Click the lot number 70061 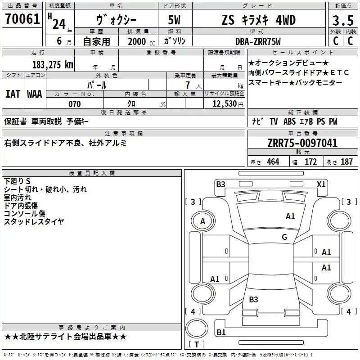point(22,19)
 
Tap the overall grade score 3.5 point(343,20)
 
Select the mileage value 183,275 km point(53,65)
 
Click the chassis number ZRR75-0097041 point(302,143)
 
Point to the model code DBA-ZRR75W point(258,41)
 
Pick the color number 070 point(75,104)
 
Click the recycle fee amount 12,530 point(225,104)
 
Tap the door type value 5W point(174,20)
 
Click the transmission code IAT point(13,94)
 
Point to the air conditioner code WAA point(35,94)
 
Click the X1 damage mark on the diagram point(321,184)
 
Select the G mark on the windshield point(284,237)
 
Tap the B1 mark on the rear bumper point(221,332)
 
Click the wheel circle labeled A point(203,221)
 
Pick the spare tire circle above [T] point(197,328)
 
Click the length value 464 point(273,162)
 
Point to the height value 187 point(346,162)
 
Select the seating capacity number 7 point(188,85)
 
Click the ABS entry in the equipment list point(289,121)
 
